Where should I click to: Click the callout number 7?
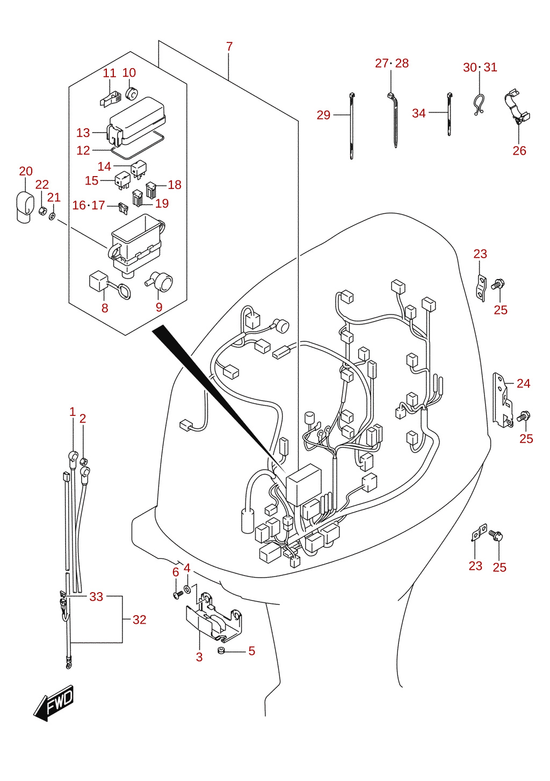tap(229, 46)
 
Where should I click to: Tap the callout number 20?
tap(26, 171)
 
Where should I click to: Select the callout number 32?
tap(139, 619)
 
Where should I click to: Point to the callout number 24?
tap(524, 384)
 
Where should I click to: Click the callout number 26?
tap(519, 151)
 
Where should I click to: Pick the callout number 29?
tap(323, 115)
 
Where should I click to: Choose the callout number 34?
tap(419, 113)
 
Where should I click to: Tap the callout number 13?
tap(83, 133)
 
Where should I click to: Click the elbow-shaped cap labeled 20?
tap(24, 207)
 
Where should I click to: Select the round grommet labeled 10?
tap(132, 93)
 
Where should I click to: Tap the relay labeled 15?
tap(123, 180)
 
